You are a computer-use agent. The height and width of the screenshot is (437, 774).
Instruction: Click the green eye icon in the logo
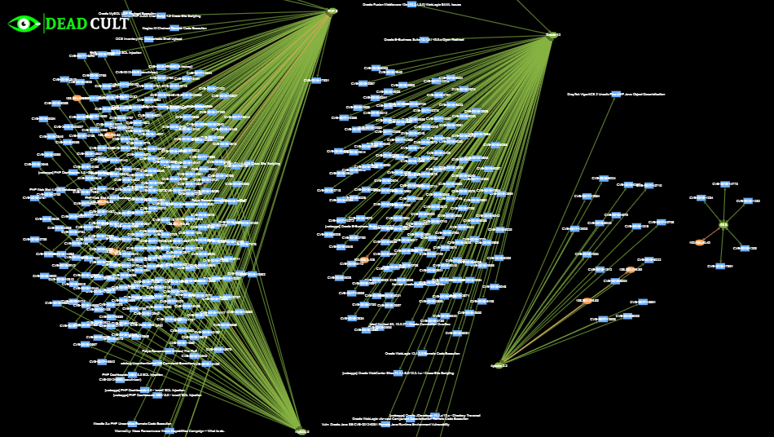point(24,24)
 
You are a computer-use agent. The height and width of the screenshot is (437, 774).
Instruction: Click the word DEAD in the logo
point(66,24)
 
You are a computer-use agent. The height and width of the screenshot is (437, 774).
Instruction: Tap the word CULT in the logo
point(109,24)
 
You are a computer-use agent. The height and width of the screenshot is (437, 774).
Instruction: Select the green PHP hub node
point(302,431)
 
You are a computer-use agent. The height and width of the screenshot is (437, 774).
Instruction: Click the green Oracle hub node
point(552,35)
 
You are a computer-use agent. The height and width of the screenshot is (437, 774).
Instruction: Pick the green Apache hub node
point(499,365)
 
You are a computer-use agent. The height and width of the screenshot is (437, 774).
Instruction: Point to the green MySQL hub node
point(332,11)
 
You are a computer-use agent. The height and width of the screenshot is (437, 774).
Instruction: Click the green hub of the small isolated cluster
point(723,225)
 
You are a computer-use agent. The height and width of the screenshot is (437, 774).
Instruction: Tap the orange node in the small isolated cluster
point(700,242)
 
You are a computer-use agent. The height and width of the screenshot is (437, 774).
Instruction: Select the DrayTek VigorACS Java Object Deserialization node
point(616,95)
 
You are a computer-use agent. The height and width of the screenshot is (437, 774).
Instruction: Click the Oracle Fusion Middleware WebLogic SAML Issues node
point(412,5)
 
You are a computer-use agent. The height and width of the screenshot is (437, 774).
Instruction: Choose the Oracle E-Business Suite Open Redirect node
point(424,39)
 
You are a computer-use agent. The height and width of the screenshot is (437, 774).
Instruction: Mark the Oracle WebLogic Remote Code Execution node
point(422,354)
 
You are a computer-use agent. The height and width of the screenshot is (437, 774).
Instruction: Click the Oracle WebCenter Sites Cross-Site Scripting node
point(398,373)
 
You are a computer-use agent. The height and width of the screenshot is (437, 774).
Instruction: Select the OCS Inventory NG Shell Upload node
point(149,38)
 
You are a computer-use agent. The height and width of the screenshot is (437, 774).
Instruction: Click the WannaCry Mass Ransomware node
point(169,430)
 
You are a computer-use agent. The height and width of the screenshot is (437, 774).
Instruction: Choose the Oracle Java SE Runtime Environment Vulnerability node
point(385,424)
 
